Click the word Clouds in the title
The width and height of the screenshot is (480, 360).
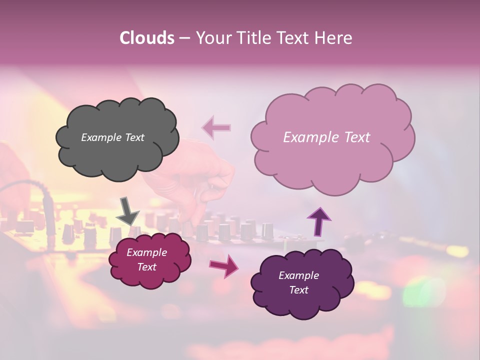pos(146,38)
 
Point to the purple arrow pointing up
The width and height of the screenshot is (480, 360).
pos(319,221)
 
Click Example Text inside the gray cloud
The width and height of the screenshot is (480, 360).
pos(112,137)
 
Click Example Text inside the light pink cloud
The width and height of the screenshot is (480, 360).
pos(326,137)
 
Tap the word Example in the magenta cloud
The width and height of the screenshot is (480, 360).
pos(146,252)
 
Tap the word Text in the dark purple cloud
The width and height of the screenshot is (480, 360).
pos(298,290)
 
